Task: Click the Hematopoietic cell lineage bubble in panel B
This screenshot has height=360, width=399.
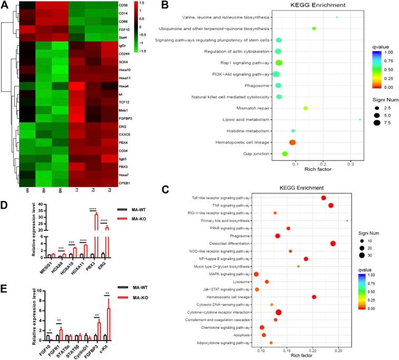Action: click(292, 142)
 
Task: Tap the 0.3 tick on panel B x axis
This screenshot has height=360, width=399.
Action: click(351, 164)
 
